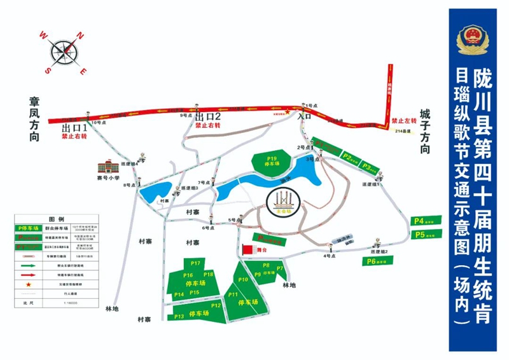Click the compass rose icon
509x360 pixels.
tap(63, 50)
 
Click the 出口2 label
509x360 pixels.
tap(207, 116)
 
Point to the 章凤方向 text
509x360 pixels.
tap(34, 119)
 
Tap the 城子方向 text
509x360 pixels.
tap(425, 131)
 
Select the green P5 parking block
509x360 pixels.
tap(425, 235)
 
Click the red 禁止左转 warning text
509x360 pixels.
tap(403, 120)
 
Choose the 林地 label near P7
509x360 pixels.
tap(288, 286)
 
